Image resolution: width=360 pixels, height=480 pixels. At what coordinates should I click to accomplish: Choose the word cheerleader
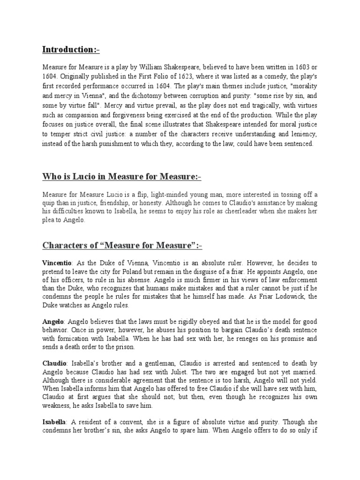(x=242, y=211)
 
